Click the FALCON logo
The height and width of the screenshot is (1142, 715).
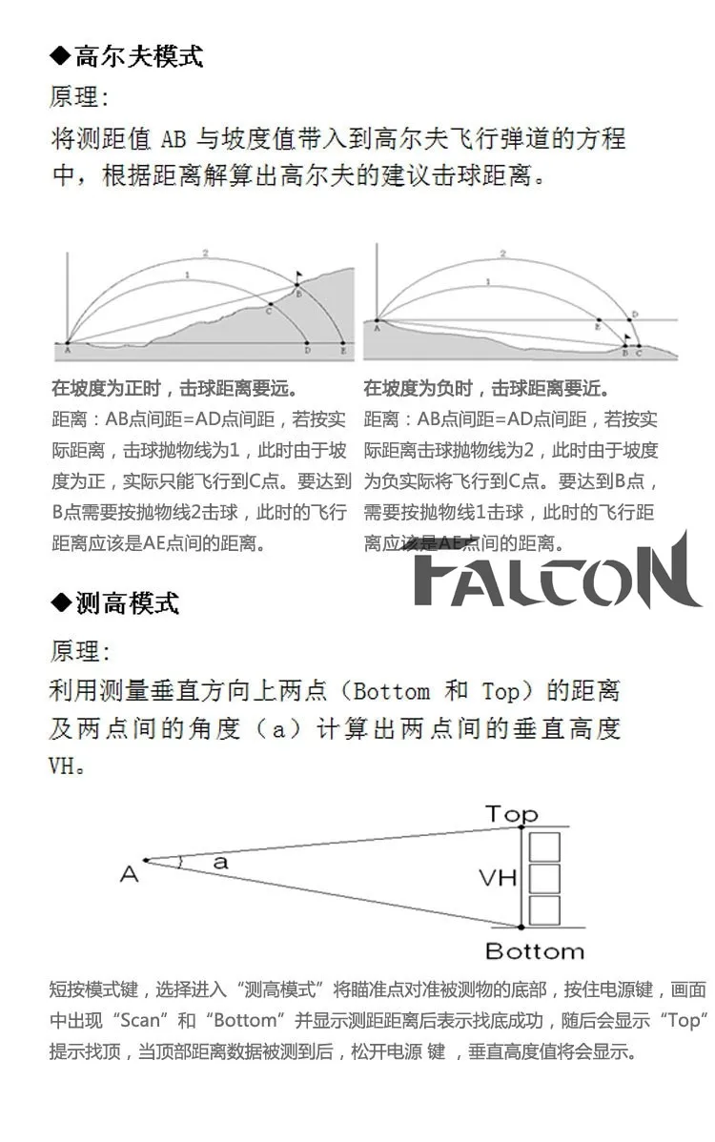pyautogui.click(x=558, y=575)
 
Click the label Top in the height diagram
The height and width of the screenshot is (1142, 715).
pyautogui.click(x=512, y=813)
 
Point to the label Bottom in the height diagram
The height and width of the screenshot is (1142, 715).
pyautogui.click(x=534, y=951)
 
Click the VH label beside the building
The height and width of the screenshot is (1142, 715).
pyautogui.click(x=498, y=877)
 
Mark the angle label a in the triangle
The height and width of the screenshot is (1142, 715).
pyautogui.click(x=221, y=863)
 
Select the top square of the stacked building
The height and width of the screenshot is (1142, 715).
pyautogui.click(x=544, y=846)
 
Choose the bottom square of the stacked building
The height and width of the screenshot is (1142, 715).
pyautogui.click(x=544, y=909)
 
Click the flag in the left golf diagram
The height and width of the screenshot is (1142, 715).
pyautogui.click(x=298, y=277)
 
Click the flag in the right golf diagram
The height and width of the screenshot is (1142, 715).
pyautogui.click(x=627, y=336)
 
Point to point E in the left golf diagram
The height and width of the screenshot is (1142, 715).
pyautogui.click(x=343, y=351)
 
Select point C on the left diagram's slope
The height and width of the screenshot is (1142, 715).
pyautogui.click(x=269, y=309)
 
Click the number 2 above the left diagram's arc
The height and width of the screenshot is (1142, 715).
pyautogui.click(x=204, y=254)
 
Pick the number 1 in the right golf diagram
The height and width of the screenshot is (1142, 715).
pyautogui.click(x=489, y=281)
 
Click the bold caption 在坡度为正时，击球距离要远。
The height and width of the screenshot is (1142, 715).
pyautogui.click(x=174, y=389)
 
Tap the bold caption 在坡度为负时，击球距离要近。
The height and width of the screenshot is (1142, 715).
pyautogui.click(x=486, y=389)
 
